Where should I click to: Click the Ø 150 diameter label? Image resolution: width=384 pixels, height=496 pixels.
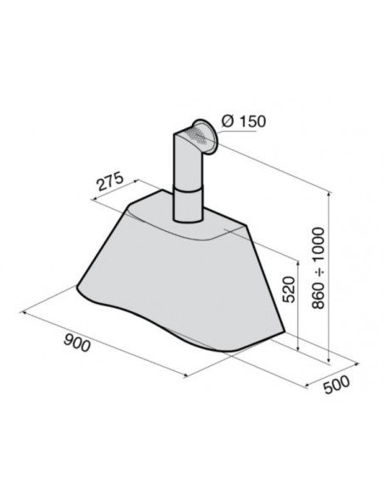pos(244,121)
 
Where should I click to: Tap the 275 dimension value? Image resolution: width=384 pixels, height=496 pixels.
pos(110,182)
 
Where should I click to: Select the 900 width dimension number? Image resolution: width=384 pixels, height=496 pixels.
pos(76,343)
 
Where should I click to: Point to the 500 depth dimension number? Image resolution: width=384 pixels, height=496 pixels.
pos(337,385)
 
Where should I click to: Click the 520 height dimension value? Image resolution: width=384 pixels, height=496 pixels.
pos(289,290)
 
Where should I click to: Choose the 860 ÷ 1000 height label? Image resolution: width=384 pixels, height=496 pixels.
pos(319,268)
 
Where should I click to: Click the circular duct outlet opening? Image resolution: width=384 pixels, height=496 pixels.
pos(205,137)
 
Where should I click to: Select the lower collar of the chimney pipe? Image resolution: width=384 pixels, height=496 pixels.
pos(187,206)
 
